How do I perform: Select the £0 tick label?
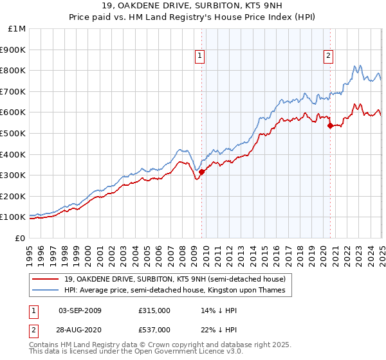point(21,238)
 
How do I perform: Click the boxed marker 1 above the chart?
point(200,56)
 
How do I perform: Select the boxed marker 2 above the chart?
point(328,56)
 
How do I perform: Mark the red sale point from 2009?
point(201,172)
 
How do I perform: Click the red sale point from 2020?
point(330,125)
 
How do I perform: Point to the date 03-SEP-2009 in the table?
point(80,310)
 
